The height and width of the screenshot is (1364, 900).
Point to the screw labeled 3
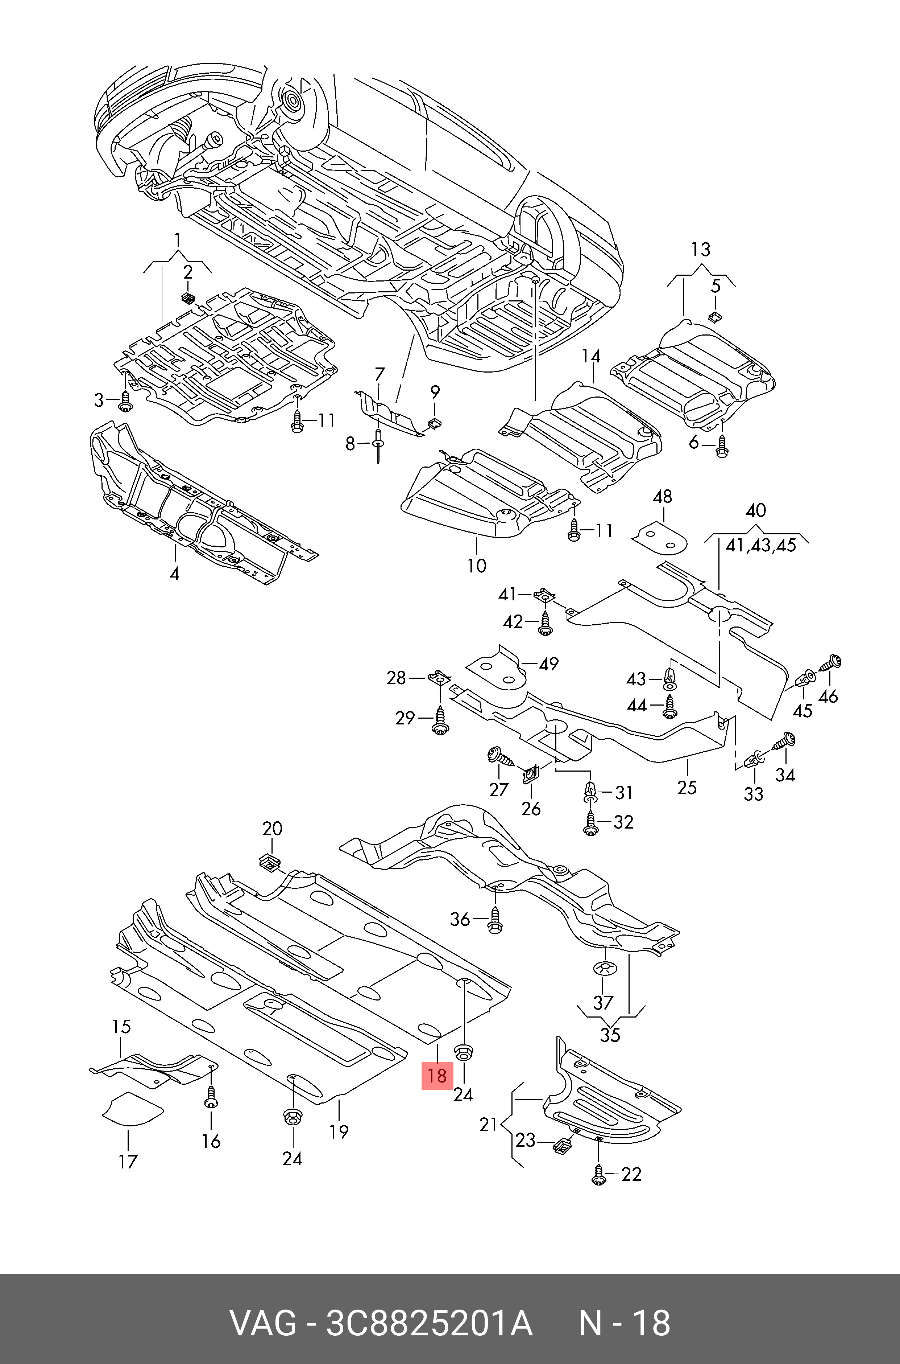[x=125, y=400]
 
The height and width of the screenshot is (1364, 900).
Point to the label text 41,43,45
[x=760, y=545]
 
